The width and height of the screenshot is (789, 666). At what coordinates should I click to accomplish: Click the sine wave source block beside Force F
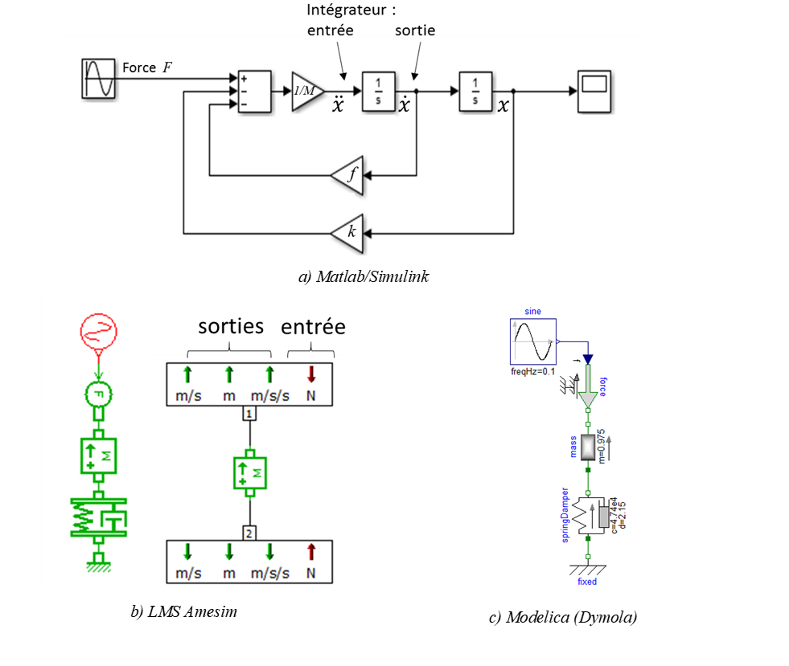pos(99,79)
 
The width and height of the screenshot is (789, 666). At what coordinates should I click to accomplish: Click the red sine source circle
pos(99,331)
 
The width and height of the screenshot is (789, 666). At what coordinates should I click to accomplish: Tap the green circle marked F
pos(99,394)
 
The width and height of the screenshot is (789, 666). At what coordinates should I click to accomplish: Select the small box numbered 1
pos(250,414)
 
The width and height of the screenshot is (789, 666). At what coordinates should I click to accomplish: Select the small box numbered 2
pos(250,532)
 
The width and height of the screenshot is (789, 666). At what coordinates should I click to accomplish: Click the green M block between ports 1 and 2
pos(250,472)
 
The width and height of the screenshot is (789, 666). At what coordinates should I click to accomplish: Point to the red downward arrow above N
pos(312,374)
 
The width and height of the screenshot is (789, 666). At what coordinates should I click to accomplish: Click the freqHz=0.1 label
pos(533,371)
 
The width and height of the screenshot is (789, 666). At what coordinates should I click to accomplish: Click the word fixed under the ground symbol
pos(587,581)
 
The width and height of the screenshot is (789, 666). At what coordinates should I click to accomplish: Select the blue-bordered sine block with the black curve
pos(533,341)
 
